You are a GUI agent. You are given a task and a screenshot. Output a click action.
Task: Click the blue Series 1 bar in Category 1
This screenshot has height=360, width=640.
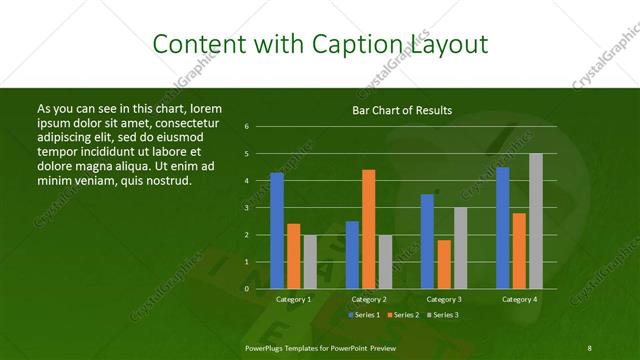(x=277, y=231)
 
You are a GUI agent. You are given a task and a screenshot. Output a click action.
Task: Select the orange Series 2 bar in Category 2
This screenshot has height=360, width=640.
(x=369, y=229)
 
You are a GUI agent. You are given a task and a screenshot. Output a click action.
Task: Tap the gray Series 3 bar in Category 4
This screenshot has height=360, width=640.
(x=536, y=221)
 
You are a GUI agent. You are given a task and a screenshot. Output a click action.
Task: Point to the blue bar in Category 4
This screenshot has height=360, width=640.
(x=503, y=228)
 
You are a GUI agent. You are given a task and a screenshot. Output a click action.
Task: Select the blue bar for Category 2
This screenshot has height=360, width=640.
(x=352, y=255)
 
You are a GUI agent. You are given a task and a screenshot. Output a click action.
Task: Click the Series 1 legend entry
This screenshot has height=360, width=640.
(x=363, y=314)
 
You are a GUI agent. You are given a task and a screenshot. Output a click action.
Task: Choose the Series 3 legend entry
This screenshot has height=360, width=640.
(x=445, y=314)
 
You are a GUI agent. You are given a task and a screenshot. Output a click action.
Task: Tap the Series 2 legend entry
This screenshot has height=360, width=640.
(x=404, y=314)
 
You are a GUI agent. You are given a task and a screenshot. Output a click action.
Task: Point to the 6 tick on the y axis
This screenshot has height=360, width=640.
(x=247, y=127)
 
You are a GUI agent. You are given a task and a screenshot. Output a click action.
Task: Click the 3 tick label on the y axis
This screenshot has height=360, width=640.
(x=247, y=208)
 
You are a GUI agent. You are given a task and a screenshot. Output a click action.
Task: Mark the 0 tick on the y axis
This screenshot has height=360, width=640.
(x=247, y=289)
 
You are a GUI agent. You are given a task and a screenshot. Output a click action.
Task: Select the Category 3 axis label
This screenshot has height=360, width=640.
(x=444, y=299)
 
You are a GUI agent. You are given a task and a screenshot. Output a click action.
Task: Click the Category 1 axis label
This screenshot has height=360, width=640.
(x=293, y=299)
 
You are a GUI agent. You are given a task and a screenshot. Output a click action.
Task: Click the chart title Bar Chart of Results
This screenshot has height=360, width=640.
(x=402, y=110)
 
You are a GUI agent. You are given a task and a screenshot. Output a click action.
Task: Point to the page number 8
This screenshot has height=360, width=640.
(x=589, y=347)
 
